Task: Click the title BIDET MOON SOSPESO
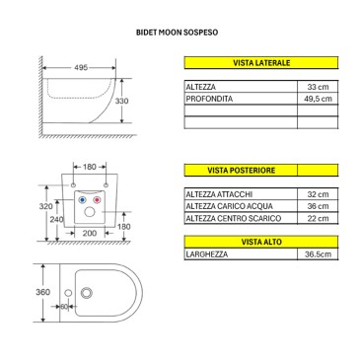pos(177,33)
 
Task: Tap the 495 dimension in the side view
pos(81,67)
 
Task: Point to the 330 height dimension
pos(121,101)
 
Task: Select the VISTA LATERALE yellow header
pos(261,63)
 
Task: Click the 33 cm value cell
pos(318,87)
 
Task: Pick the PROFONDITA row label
pos(209,99)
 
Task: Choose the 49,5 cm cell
pos(318,99)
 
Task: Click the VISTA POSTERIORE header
pos(242,171)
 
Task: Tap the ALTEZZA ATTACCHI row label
pos(219,194)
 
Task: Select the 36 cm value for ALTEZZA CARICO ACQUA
pos(318,206)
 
